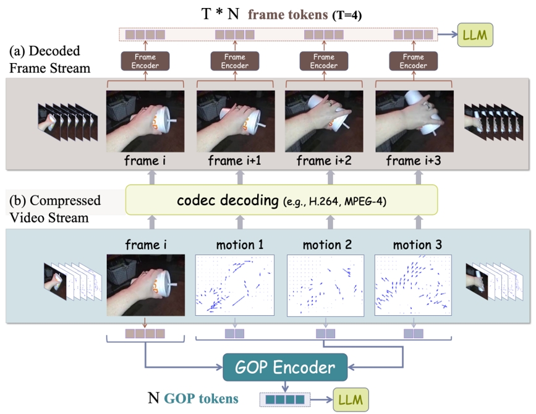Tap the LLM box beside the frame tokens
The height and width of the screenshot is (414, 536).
coord(476,35)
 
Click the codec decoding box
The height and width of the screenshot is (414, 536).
coord(281,201)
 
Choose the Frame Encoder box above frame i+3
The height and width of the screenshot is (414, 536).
coord(414,61)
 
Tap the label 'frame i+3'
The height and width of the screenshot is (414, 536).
coord(414,162)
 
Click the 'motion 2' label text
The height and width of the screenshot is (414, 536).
coord(326,245)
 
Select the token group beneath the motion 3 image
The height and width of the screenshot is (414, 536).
coord(414,334)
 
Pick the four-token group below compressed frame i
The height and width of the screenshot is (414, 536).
coord(145,334)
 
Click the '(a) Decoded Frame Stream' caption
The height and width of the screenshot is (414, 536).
coord(49,59)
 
